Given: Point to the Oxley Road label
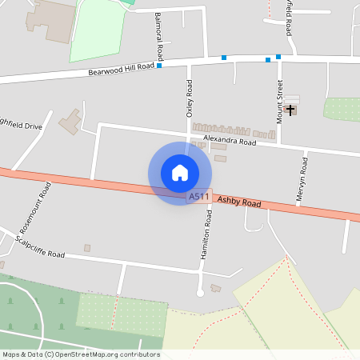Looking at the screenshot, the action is pos(190,99).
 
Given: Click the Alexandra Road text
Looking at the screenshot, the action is pos(229,141).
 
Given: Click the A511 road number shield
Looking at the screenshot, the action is pos(199,196).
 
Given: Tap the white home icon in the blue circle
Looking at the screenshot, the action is pos(180,173).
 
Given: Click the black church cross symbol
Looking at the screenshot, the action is pos(290,110).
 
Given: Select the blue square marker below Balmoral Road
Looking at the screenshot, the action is pos(159,66).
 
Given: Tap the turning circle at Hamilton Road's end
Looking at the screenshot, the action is pos(201,293).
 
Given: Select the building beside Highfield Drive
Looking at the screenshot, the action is pos(70,122).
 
